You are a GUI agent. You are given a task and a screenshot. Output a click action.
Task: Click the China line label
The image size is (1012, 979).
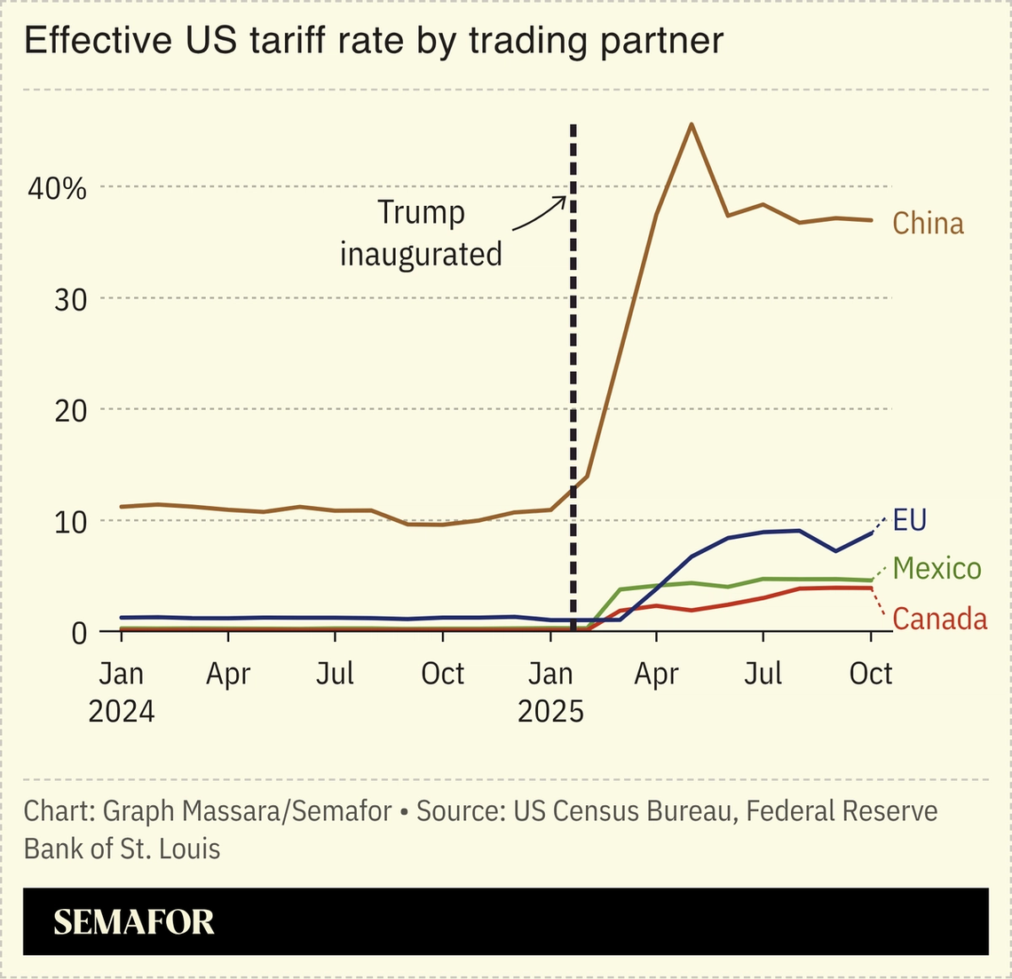point(928,223)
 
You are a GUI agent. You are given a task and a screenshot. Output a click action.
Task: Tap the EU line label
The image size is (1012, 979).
point(909,519)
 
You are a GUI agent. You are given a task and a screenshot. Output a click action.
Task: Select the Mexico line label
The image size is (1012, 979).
point(937,568)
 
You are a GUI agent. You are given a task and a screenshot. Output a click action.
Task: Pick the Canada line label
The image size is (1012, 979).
point(939,618)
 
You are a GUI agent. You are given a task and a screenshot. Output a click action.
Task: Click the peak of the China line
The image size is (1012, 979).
point(692,123)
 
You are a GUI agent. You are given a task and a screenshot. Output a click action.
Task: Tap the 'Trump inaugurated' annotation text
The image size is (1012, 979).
point(421,233)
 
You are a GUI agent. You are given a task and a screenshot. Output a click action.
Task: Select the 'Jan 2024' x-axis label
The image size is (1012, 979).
point(121,692)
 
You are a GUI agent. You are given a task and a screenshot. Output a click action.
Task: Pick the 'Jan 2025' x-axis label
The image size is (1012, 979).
point(550,692)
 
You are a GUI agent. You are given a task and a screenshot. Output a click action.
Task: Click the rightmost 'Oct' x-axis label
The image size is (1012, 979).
point(870,674)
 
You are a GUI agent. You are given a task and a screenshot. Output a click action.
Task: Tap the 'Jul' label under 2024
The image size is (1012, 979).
point(336,674)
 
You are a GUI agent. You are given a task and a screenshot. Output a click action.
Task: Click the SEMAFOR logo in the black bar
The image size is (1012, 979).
point(134,922)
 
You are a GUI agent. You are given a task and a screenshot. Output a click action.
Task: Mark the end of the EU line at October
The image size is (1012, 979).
point(871,533)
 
